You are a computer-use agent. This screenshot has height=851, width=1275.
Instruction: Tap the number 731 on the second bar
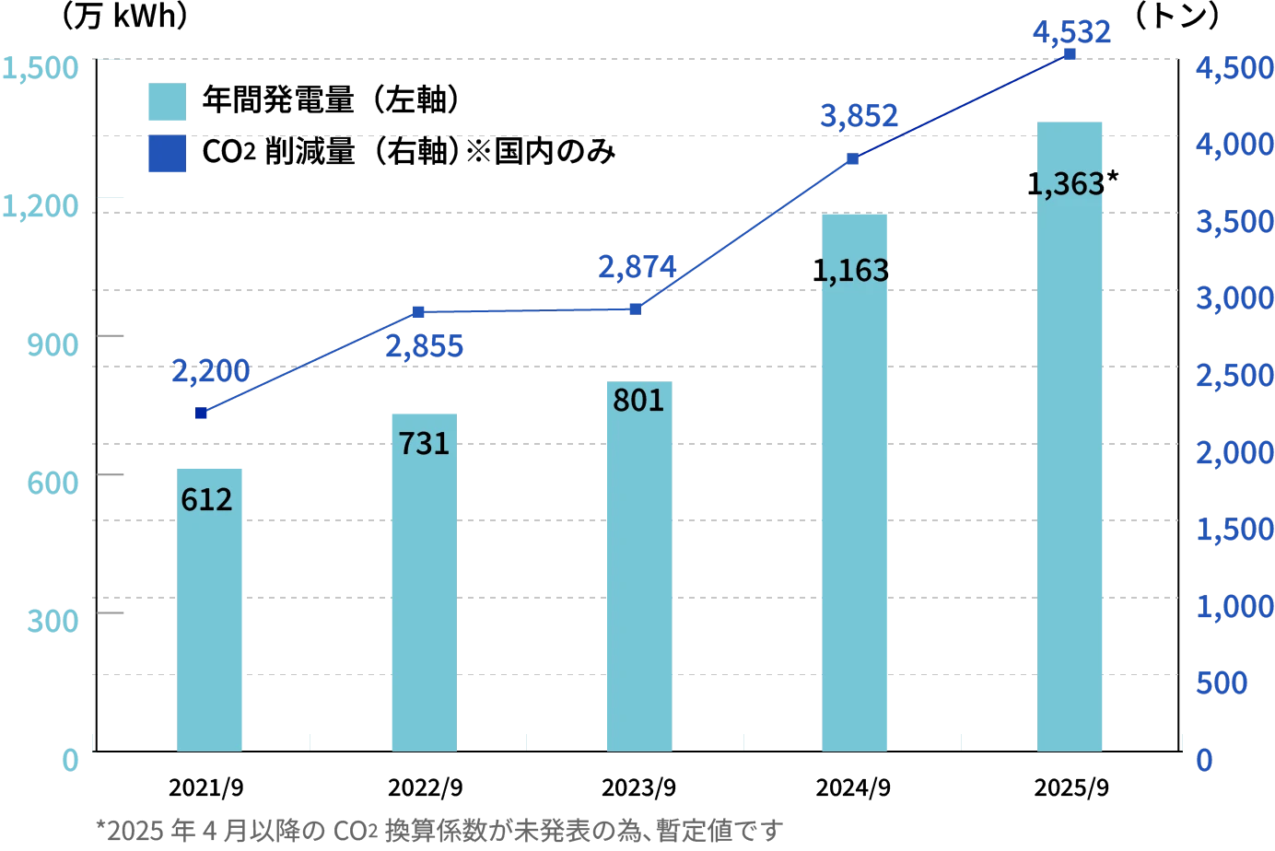click(x=424, y=444)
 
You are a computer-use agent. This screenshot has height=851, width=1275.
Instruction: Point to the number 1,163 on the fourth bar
click(x=852, y=271)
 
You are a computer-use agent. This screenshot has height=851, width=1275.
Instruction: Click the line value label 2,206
click(x=210, y=371)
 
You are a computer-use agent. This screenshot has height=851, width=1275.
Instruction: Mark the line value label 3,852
click(x=858, y=117)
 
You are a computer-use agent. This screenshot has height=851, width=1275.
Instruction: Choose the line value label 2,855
click(x=424, y=347)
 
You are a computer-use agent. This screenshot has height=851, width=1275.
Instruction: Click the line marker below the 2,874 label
click(x=636, y=309)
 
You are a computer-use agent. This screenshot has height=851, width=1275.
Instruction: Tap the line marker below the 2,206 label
click(x=202, y=413)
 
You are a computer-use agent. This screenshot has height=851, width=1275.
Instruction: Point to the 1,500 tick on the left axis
click(x=41, y=68)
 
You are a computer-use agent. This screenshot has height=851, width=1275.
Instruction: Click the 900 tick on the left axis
click(x=52, y=345)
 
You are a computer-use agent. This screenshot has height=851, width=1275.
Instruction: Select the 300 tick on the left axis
click(x=52, y=620)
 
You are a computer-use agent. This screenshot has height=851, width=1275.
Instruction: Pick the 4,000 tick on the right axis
click(x=1234, y=145)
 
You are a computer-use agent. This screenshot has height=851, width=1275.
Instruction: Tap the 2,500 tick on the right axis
click(x=1234, y=376)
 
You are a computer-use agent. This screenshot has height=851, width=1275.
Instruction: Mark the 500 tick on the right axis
click(x=1222, y=684)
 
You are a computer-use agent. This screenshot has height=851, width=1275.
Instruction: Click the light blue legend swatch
click(x=169, y=101)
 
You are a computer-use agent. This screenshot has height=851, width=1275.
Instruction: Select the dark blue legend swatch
click(x=169, y=155)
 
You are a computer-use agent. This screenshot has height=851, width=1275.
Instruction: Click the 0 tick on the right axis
click(x=1203, y=760)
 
